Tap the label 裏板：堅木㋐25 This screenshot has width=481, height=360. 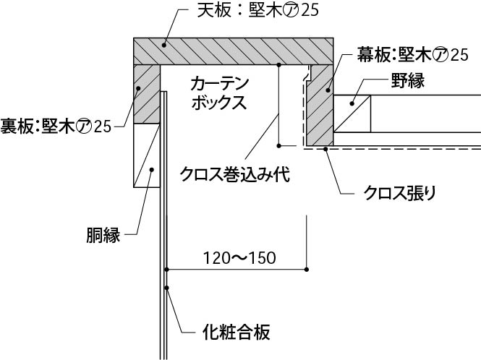coord(56,127)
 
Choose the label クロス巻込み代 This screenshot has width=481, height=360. coord(235,175)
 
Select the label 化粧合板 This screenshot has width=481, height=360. coord(234,333)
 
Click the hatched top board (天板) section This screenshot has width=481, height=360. coord(231,50)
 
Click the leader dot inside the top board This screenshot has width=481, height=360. coord(164,44)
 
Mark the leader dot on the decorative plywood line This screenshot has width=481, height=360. coord(167,288)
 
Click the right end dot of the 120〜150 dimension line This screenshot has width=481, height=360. coord(307,270)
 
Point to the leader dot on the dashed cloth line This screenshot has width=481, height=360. coord(326,149)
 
